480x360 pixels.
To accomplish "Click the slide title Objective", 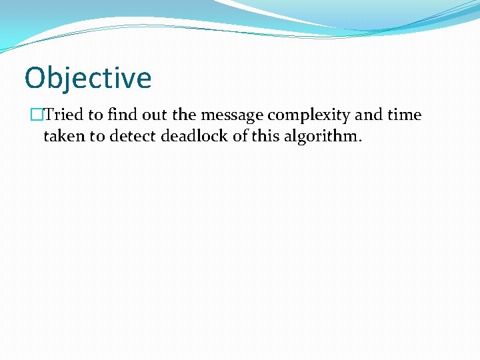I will (88, 78).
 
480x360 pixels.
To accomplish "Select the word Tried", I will (64, 115).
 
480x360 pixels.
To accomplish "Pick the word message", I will (232, 115).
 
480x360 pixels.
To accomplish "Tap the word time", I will (404, 115).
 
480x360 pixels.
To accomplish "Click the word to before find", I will (95, 115).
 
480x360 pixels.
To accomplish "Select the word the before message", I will (184, 115).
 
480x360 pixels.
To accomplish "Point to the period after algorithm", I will (360, 141).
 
